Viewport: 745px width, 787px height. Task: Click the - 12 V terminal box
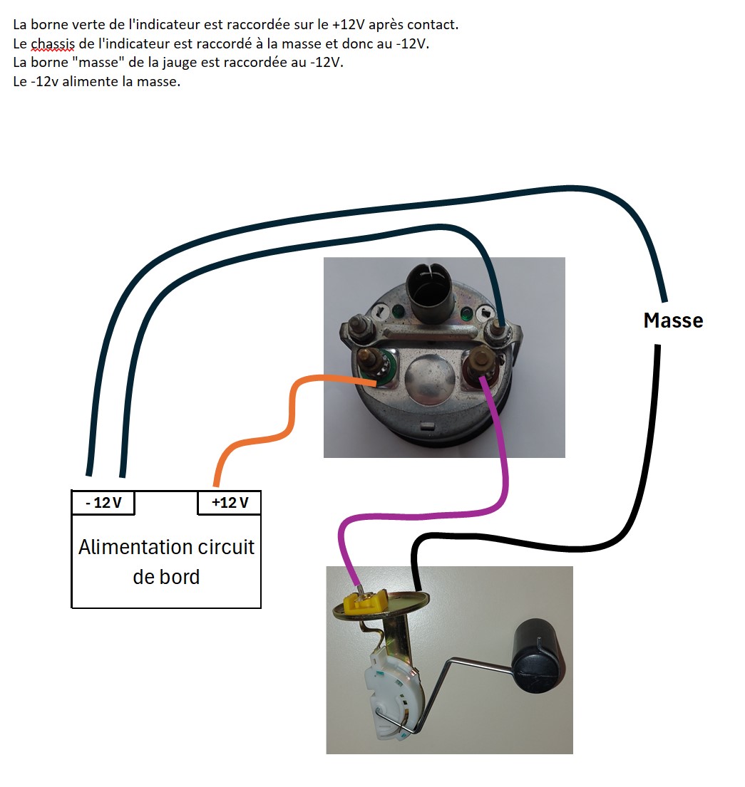click(103, 503)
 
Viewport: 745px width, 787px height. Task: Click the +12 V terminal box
click(230, 503)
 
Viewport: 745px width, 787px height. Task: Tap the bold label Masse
click(673, 320)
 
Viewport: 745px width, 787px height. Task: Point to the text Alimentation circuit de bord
click(166, 561)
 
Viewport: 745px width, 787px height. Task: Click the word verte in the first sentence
click(91, 25)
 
